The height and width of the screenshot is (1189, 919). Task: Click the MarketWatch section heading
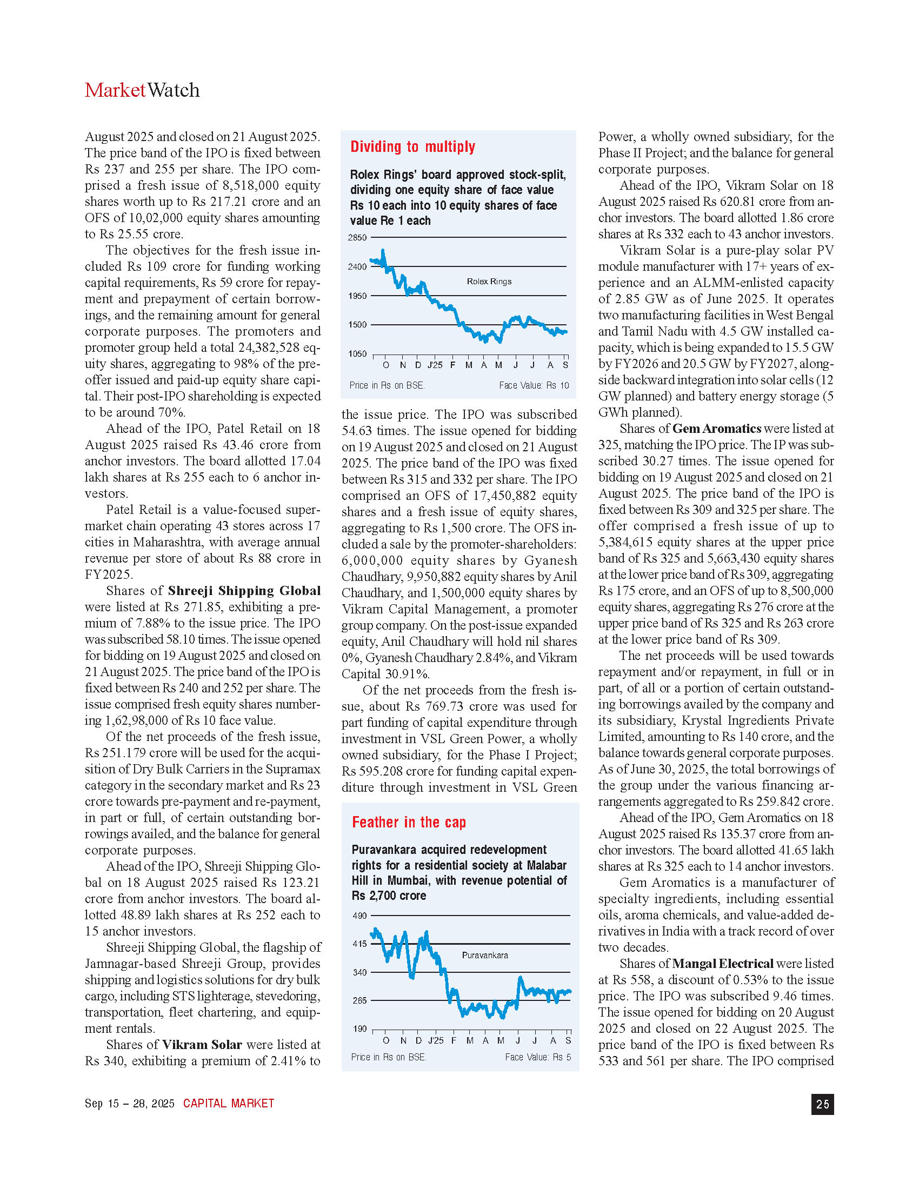coord(142,90)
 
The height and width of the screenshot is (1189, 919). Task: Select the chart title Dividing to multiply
coord(412,147)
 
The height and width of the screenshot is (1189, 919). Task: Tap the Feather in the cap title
coord(409,822)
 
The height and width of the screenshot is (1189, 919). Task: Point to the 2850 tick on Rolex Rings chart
coord(357,238)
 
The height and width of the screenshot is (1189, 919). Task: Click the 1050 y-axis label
coord(357,354)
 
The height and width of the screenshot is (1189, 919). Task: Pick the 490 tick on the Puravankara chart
coord(360,916)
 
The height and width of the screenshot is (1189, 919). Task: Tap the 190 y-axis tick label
coord(360,1029)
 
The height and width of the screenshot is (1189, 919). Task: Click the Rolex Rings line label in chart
coord(489,282)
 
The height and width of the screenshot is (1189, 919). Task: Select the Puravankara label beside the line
coord(484,956)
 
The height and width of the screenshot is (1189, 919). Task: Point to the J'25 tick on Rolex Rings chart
coord(435,365)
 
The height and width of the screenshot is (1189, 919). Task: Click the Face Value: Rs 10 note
coord(534,385)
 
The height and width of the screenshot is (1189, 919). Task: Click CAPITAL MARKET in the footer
coord(229,1104)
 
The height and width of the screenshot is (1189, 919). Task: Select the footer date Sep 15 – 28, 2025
coord(130,1104)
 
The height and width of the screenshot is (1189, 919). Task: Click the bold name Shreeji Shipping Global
coord(244,591)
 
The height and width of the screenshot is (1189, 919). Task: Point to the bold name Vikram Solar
coord(202,1045)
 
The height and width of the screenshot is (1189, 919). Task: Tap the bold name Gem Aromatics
coord(716,429)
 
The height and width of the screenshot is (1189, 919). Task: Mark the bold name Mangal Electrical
coord(722,964)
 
